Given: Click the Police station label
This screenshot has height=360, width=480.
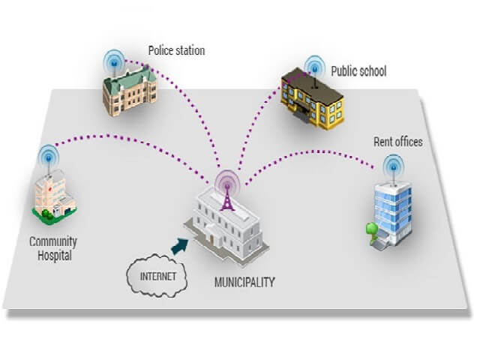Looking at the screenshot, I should (176, 51).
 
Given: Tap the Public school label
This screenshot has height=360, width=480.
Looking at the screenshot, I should (360, 71).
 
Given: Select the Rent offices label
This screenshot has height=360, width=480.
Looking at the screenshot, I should (397, 142).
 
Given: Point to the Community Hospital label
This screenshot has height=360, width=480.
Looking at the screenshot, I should (52, 248).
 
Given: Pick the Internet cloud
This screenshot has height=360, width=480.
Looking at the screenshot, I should (157, 276).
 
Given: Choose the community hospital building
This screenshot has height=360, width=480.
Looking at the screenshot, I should (55, 197).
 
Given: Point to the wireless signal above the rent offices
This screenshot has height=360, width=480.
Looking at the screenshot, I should (391, 164).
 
